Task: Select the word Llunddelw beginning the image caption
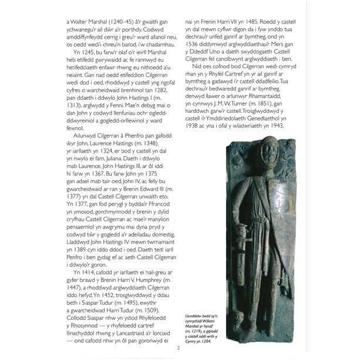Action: [195, 317]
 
